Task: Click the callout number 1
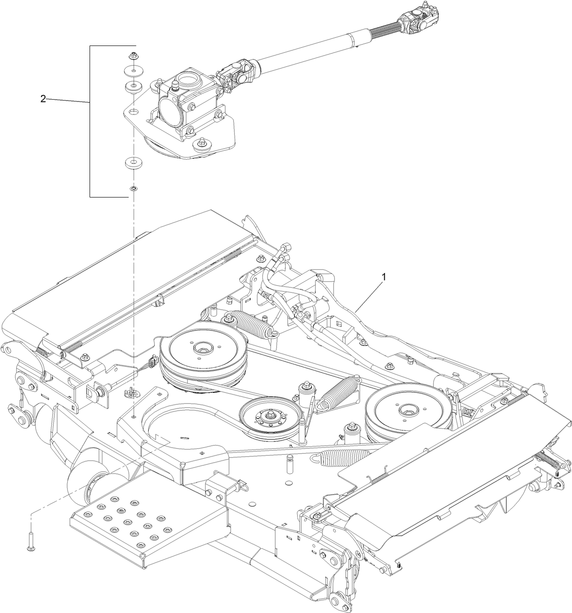click(384, 276)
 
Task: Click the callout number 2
click(43, 99)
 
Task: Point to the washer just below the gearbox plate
click(133, 162)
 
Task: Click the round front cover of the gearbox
click(170, 112)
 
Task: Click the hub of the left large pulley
click(201, 350)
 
